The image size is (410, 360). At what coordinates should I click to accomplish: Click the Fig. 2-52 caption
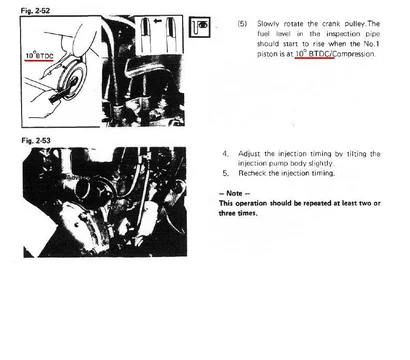[x=35, y=11]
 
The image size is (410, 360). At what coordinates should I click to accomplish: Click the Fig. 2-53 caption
[x=36, y=141]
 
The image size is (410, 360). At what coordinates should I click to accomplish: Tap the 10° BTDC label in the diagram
[x=39, y=56]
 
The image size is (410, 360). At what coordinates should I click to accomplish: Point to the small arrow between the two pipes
[x=158, y=21]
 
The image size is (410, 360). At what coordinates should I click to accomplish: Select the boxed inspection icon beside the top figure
[x=200, y=27]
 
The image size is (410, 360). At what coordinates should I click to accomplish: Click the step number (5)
[x=242, y=24]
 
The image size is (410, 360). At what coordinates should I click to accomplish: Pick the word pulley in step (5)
[x=355, y=24]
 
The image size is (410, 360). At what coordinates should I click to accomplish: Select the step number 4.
[x=226, y=154]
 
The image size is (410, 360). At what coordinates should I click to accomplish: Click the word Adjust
[x=250, y=154]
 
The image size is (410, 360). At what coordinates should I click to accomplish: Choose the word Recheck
[x=252, y=173]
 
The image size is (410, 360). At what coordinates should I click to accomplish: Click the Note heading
[x=234, y=193]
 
